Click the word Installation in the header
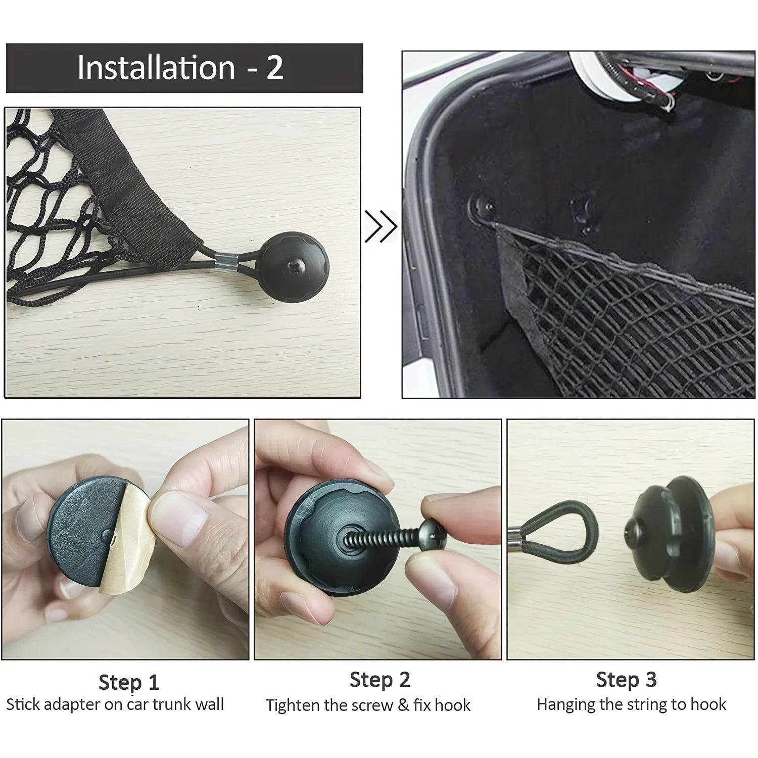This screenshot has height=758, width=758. tap(156, 68)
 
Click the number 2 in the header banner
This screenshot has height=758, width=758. tap(274, 68)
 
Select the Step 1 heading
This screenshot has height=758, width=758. tap(129, 682)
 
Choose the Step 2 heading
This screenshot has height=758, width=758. tap(380, 680)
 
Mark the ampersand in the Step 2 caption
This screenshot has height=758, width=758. tap(403, 705)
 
